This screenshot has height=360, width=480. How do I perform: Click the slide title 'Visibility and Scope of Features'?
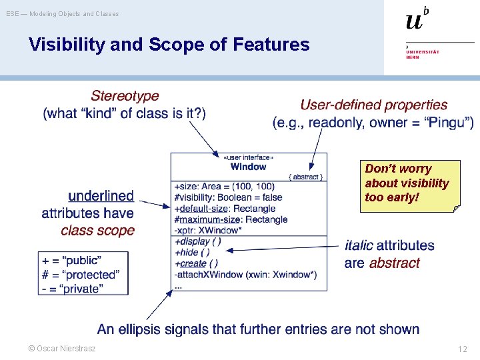pos(169,45)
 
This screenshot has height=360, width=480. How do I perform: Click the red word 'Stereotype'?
pos(125,97)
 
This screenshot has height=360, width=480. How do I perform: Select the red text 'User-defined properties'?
pos(373,105)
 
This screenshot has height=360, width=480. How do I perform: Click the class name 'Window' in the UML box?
pos(248,167)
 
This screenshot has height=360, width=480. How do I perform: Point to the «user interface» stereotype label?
pos(248,157)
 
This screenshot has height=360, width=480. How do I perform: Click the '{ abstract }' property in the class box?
pos(306,177)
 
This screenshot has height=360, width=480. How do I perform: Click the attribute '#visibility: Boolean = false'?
pos(227,197)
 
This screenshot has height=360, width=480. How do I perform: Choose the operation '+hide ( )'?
pos(191,252)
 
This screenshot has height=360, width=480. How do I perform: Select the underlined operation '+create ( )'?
pos(195,263)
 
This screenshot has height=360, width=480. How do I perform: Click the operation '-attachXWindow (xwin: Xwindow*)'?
pos(245,274)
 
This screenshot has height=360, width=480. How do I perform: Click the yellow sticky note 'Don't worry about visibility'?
pos(408,183)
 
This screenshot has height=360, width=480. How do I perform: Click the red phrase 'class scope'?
pos(97,231)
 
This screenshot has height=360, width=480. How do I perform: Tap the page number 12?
pos(462,349)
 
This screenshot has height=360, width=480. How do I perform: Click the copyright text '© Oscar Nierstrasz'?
pos(61,349)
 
